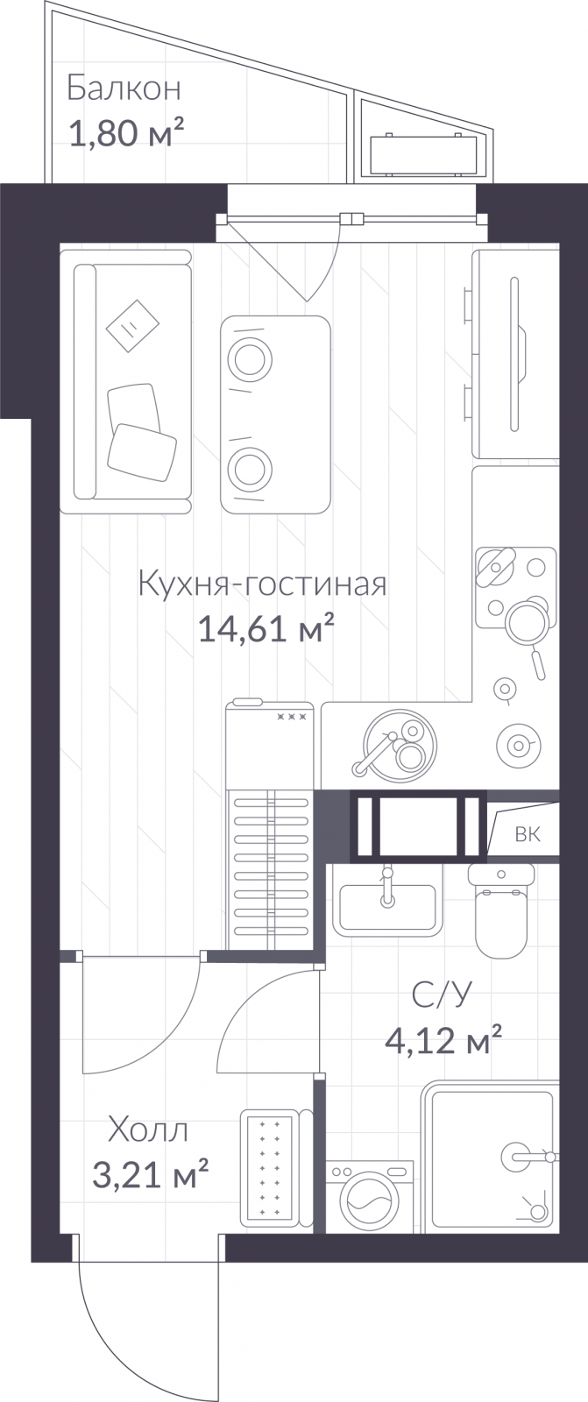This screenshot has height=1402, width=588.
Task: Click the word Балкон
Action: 124,89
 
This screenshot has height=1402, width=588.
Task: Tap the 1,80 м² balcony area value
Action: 126,132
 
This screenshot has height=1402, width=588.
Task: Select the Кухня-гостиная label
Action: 262,584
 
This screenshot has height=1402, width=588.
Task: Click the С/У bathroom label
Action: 441,995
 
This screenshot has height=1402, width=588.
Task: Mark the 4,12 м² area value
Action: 443,1039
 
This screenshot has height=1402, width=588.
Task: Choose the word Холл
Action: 148,1130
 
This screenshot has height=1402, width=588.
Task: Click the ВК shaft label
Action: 528,834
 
